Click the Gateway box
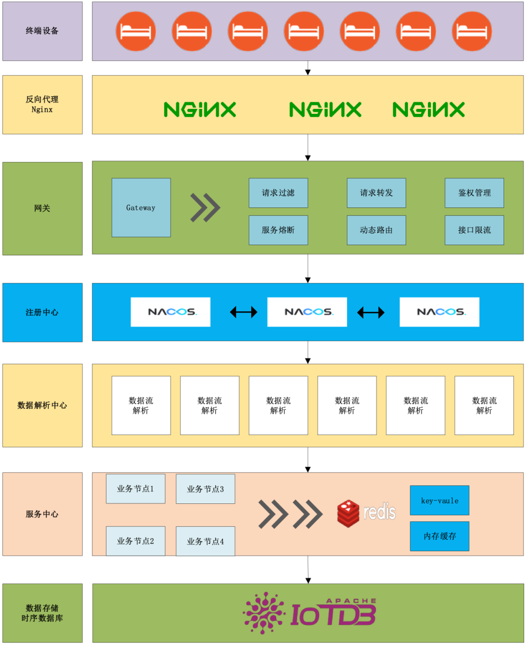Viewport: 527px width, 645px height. (x=141, y=208)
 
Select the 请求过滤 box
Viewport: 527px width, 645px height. (x=278, y=193)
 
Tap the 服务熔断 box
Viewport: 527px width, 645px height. (x=278, y=230)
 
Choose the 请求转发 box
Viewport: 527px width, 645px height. (x=376, y=193)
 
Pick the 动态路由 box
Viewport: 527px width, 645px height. (x=376, y=230)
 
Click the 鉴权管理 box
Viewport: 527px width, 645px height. (x=474, y=193)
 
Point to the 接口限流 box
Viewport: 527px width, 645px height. (x=474, y=230)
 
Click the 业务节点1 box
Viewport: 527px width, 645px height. (x=136, y=489)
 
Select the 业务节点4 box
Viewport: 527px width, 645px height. (x=205, y=541)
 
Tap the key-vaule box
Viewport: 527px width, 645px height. (x=440, y=500)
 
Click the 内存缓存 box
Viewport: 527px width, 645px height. (x=440, y=536)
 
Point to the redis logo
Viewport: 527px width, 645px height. (x=366, y=513)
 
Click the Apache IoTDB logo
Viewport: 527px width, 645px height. (x=310, y=613)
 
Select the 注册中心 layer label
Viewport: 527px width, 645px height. (x=42, y=312)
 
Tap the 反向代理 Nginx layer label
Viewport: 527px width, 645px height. (x=42, y=104)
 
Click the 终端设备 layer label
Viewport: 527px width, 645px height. (x=42, y=31)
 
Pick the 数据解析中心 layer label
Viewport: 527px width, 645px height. (x=42, y=405)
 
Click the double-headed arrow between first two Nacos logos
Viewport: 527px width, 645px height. (x=243, y=312)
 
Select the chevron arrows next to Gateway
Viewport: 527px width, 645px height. (x=205, y=208)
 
